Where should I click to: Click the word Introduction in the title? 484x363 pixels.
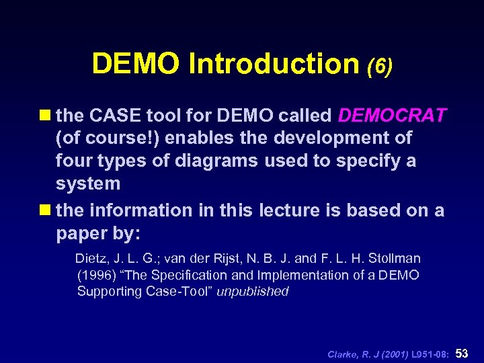pyautogui.click(x=274, y=64)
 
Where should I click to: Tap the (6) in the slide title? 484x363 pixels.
pyautogui.click(x=380, y=65)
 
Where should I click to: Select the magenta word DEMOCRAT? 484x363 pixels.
pyautogui.click(x=392, y=116)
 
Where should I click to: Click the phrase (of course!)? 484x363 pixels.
pyautogui.click(x=108, y=138)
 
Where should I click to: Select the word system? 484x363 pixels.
pyautogui.click(x=88, y=184)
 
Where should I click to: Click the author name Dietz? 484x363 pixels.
pyautogui.click(x=91, y=259)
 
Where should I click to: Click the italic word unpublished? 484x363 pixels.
pyautogui.click(x=252, y=291)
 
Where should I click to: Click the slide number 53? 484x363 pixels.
pyautogui.click(x=462, y=354)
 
